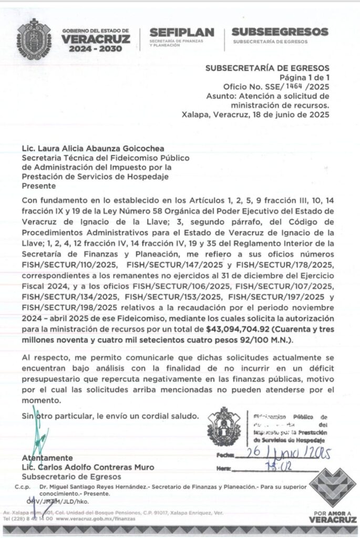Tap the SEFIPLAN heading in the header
pos(181,32)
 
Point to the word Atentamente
pos(47,458)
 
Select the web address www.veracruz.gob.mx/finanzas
pos(94,519)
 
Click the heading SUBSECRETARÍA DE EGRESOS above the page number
pos(267,68)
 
